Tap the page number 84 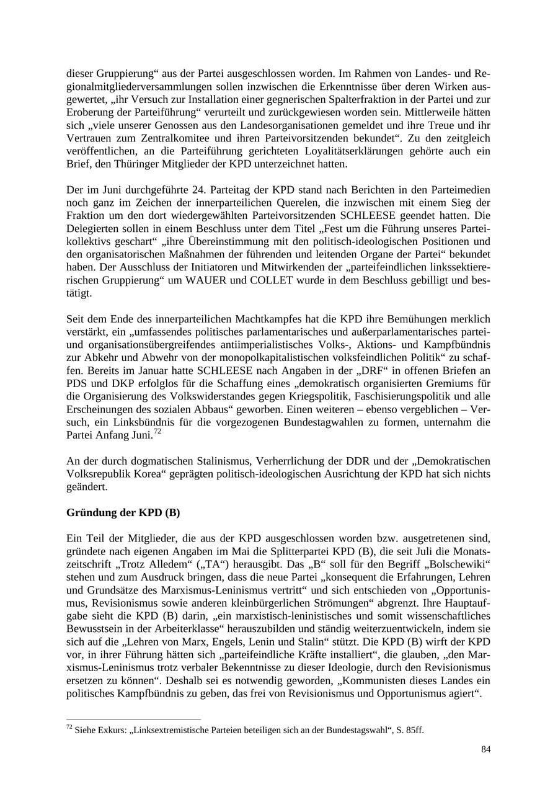(x=485, y=750)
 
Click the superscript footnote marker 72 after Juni (x=157, y=431)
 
